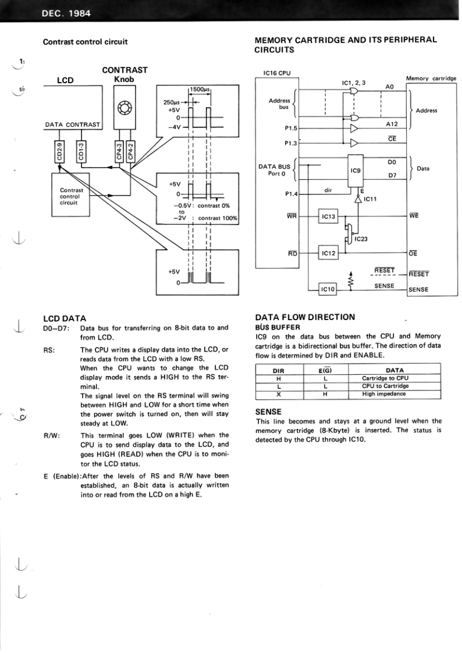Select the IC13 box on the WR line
(329, 217)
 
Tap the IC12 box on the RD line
(329, 253)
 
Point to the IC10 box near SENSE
(329, 289)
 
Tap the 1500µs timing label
(200, 90)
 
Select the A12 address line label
(392, 123)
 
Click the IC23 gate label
(361, 239)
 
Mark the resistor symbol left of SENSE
(350, 281)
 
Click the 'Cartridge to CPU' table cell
(385, 378)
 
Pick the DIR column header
(279, 370)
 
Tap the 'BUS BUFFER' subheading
(278, 327)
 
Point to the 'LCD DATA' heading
(65, 318)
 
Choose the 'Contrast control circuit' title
(86, 41)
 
